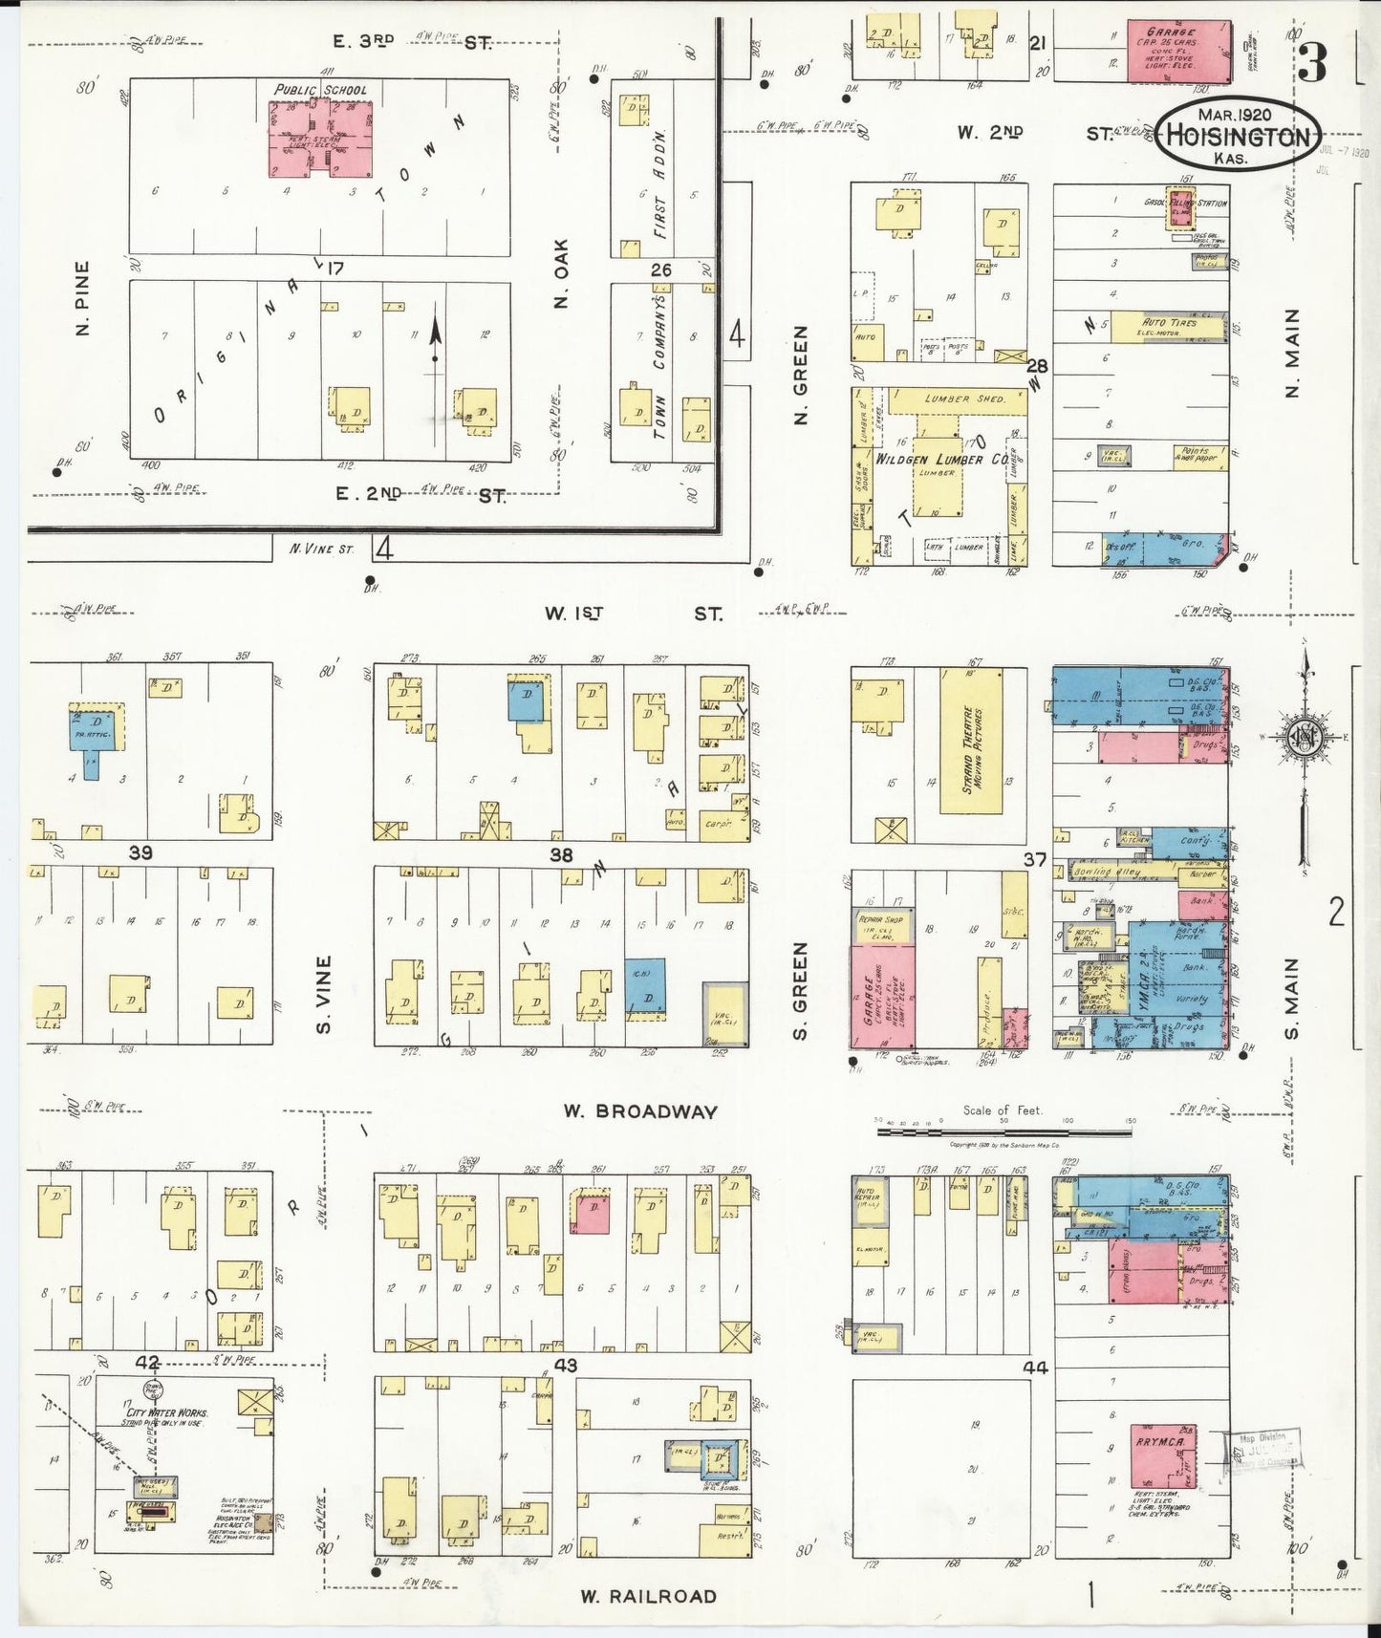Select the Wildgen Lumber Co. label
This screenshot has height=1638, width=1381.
point(941,459)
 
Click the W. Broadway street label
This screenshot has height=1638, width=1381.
point(639,1111)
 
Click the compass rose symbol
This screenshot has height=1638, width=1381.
point(1304,736)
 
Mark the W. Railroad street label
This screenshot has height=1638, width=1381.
point(648,1595)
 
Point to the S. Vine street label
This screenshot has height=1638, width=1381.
point(324,994)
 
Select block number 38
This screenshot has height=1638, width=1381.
point(560,854)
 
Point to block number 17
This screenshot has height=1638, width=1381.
point(333,269)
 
